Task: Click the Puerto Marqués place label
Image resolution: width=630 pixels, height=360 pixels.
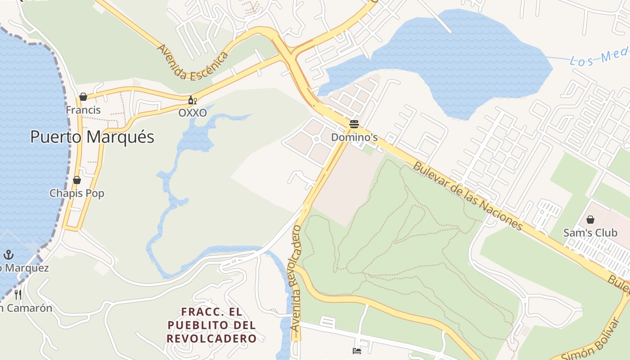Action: click(92, 137)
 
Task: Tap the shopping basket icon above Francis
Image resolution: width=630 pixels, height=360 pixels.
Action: click(83, 97)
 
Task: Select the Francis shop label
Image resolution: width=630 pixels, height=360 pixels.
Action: click(83, 110)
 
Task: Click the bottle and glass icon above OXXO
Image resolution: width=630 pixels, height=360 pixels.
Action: click(192, 100)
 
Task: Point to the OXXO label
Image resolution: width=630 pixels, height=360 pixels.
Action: click(193, 113)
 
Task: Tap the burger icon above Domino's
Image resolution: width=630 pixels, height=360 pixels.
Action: click(354, 124)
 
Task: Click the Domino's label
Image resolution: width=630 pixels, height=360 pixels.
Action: click(354, 137)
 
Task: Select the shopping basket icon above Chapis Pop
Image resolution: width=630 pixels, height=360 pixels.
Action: click(77, 180)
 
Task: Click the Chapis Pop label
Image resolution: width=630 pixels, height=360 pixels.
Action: click(77, 193)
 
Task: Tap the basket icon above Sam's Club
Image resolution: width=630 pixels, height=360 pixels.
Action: click(590, 220)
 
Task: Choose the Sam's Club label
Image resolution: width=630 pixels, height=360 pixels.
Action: click(590, 233)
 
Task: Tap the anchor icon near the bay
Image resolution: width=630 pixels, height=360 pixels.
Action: click(9, 255)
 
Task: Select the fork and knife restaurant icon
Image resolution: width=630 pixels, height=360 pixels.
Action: click(18, 295)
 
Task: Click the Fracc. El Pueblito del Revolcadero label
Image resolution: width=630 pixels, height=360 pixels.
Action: click(211, 325)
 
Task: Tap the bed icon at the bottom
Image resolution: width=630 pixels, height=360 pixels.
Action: click(357, 351)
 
